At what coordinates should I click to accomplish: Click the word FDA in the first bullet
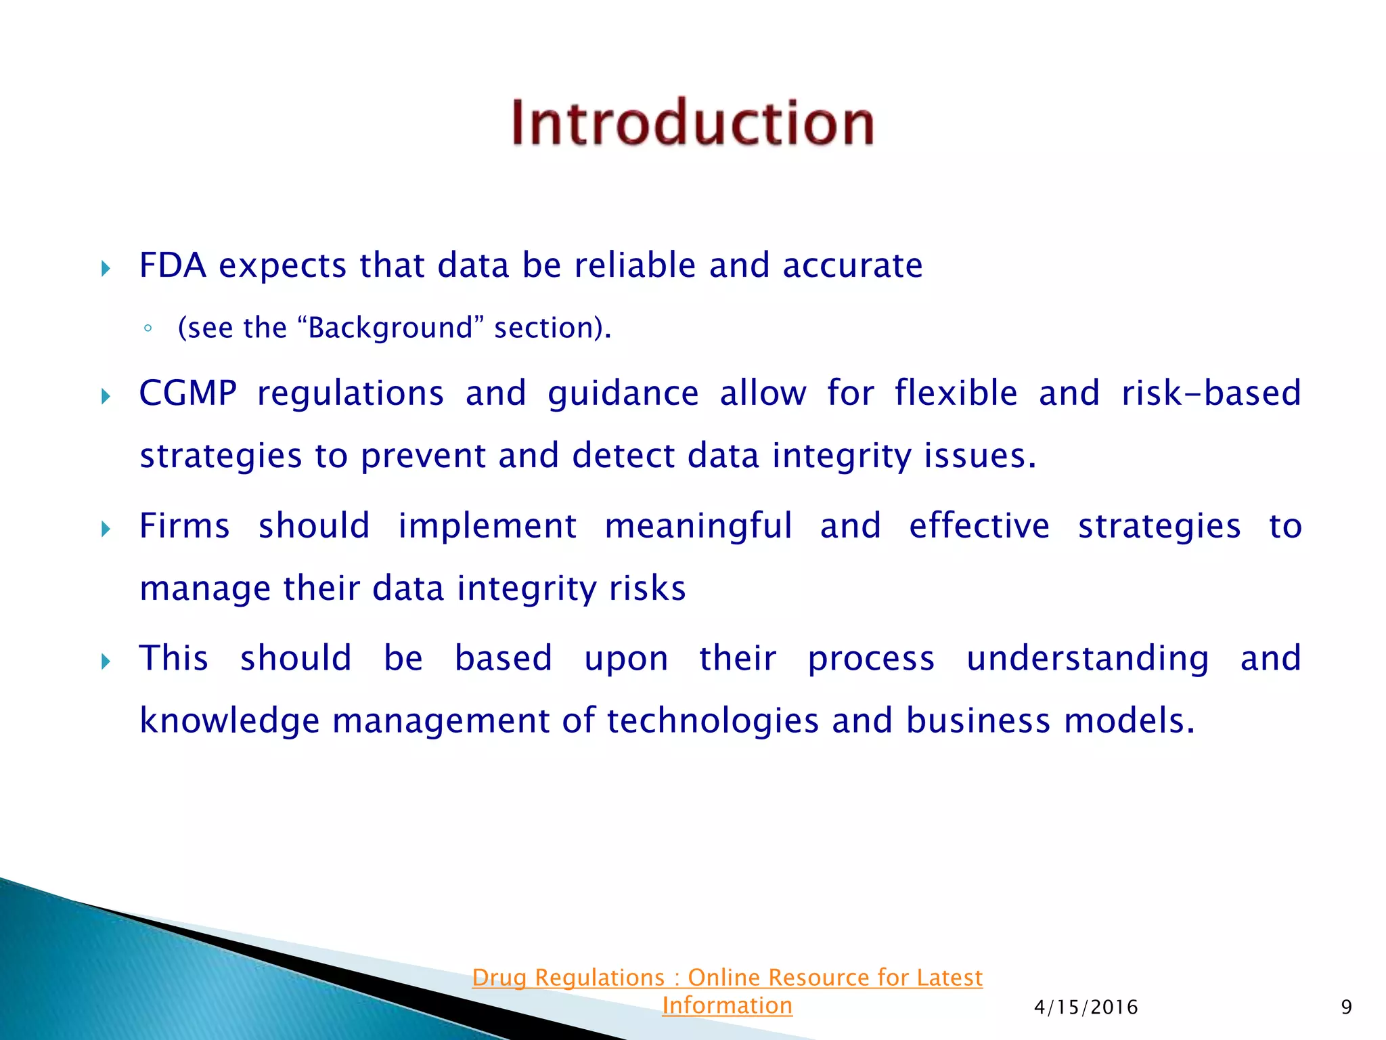(172, 265)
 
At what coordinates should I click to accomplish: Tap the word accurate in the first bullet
(852, 265)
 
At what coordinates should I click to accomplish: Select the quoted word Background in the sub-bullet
(390, 328)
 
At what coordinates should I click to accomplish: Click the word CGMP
(188, 393)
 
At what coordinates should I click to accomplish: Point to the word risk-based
(1211, 393)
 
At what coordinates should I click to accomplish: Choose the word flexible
(956, 393)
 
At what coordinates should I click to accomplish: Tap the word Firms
(184, 526)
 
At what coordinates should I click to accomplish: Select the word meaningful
(698, 526)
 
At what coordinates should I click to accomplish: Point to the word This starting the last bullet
(173, 658)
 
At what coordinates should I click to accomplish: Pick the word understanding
(1087, 658)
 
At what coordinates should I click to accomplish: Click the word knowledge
(229, 720)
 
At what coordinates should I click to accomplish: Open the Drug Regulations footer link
(727, 978)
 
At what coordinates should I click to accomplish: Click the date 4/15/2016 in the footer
(1086, 1007)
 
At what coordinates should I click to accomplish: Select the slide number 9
(1346, 1007)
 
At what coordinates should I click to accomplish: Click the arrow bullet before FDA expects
(106, 269)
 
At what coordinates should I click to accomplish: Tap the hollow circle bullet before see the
(148, 330)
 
